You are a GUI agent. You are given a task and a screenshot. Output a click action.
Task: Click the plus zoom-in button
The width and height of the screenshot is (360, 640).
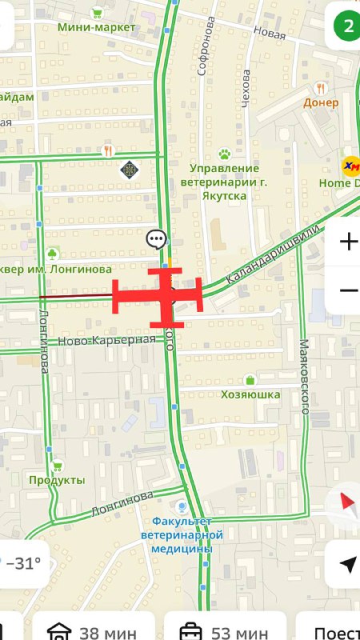(x=348, y=242)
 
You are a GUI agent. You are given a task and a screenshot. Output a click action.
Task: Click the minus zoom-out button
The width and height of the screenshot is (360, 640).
(x=348, y=290)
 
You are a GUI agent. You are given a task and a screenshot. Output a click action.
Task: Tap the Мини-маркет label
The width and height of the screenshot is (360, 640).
(x=97, y=28)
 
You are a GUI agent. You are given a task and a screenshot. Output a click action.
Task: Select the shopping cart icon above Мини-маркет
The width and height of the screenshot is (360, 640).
(x=97, y=12)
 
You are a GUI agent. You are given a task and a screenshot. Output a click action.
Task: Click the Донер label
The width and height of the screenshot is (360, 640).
(x=321, y=102)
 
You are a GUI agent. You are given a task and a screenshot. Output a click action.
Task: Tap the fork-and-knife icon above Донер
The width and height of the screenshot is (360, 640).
(x=321, y=88)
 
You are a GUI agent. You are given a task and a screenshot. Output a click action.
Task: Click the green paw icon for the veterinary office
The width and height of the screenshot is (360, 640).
(x=225, y=153)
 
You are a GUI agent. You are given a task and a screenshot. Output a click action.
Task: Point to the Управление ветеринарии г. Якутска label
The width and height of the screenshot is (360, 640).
(x=225, y=180)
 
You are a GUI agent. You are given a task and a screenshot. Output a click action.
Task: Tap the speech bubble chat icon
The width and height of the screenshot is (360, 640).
(x=156, y=238)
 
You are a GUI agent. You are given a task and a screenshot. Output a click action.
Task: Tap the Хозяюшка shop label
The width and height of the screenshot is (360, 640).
(x=250, y=394)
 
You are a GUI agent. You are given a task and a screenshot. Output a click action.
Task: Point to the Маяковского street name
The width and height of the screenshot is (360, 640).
(x=304, y=376)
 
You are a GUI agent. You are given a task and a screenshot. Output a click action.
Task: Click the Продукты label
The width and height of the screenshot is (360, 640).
(x=57, y=480)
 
